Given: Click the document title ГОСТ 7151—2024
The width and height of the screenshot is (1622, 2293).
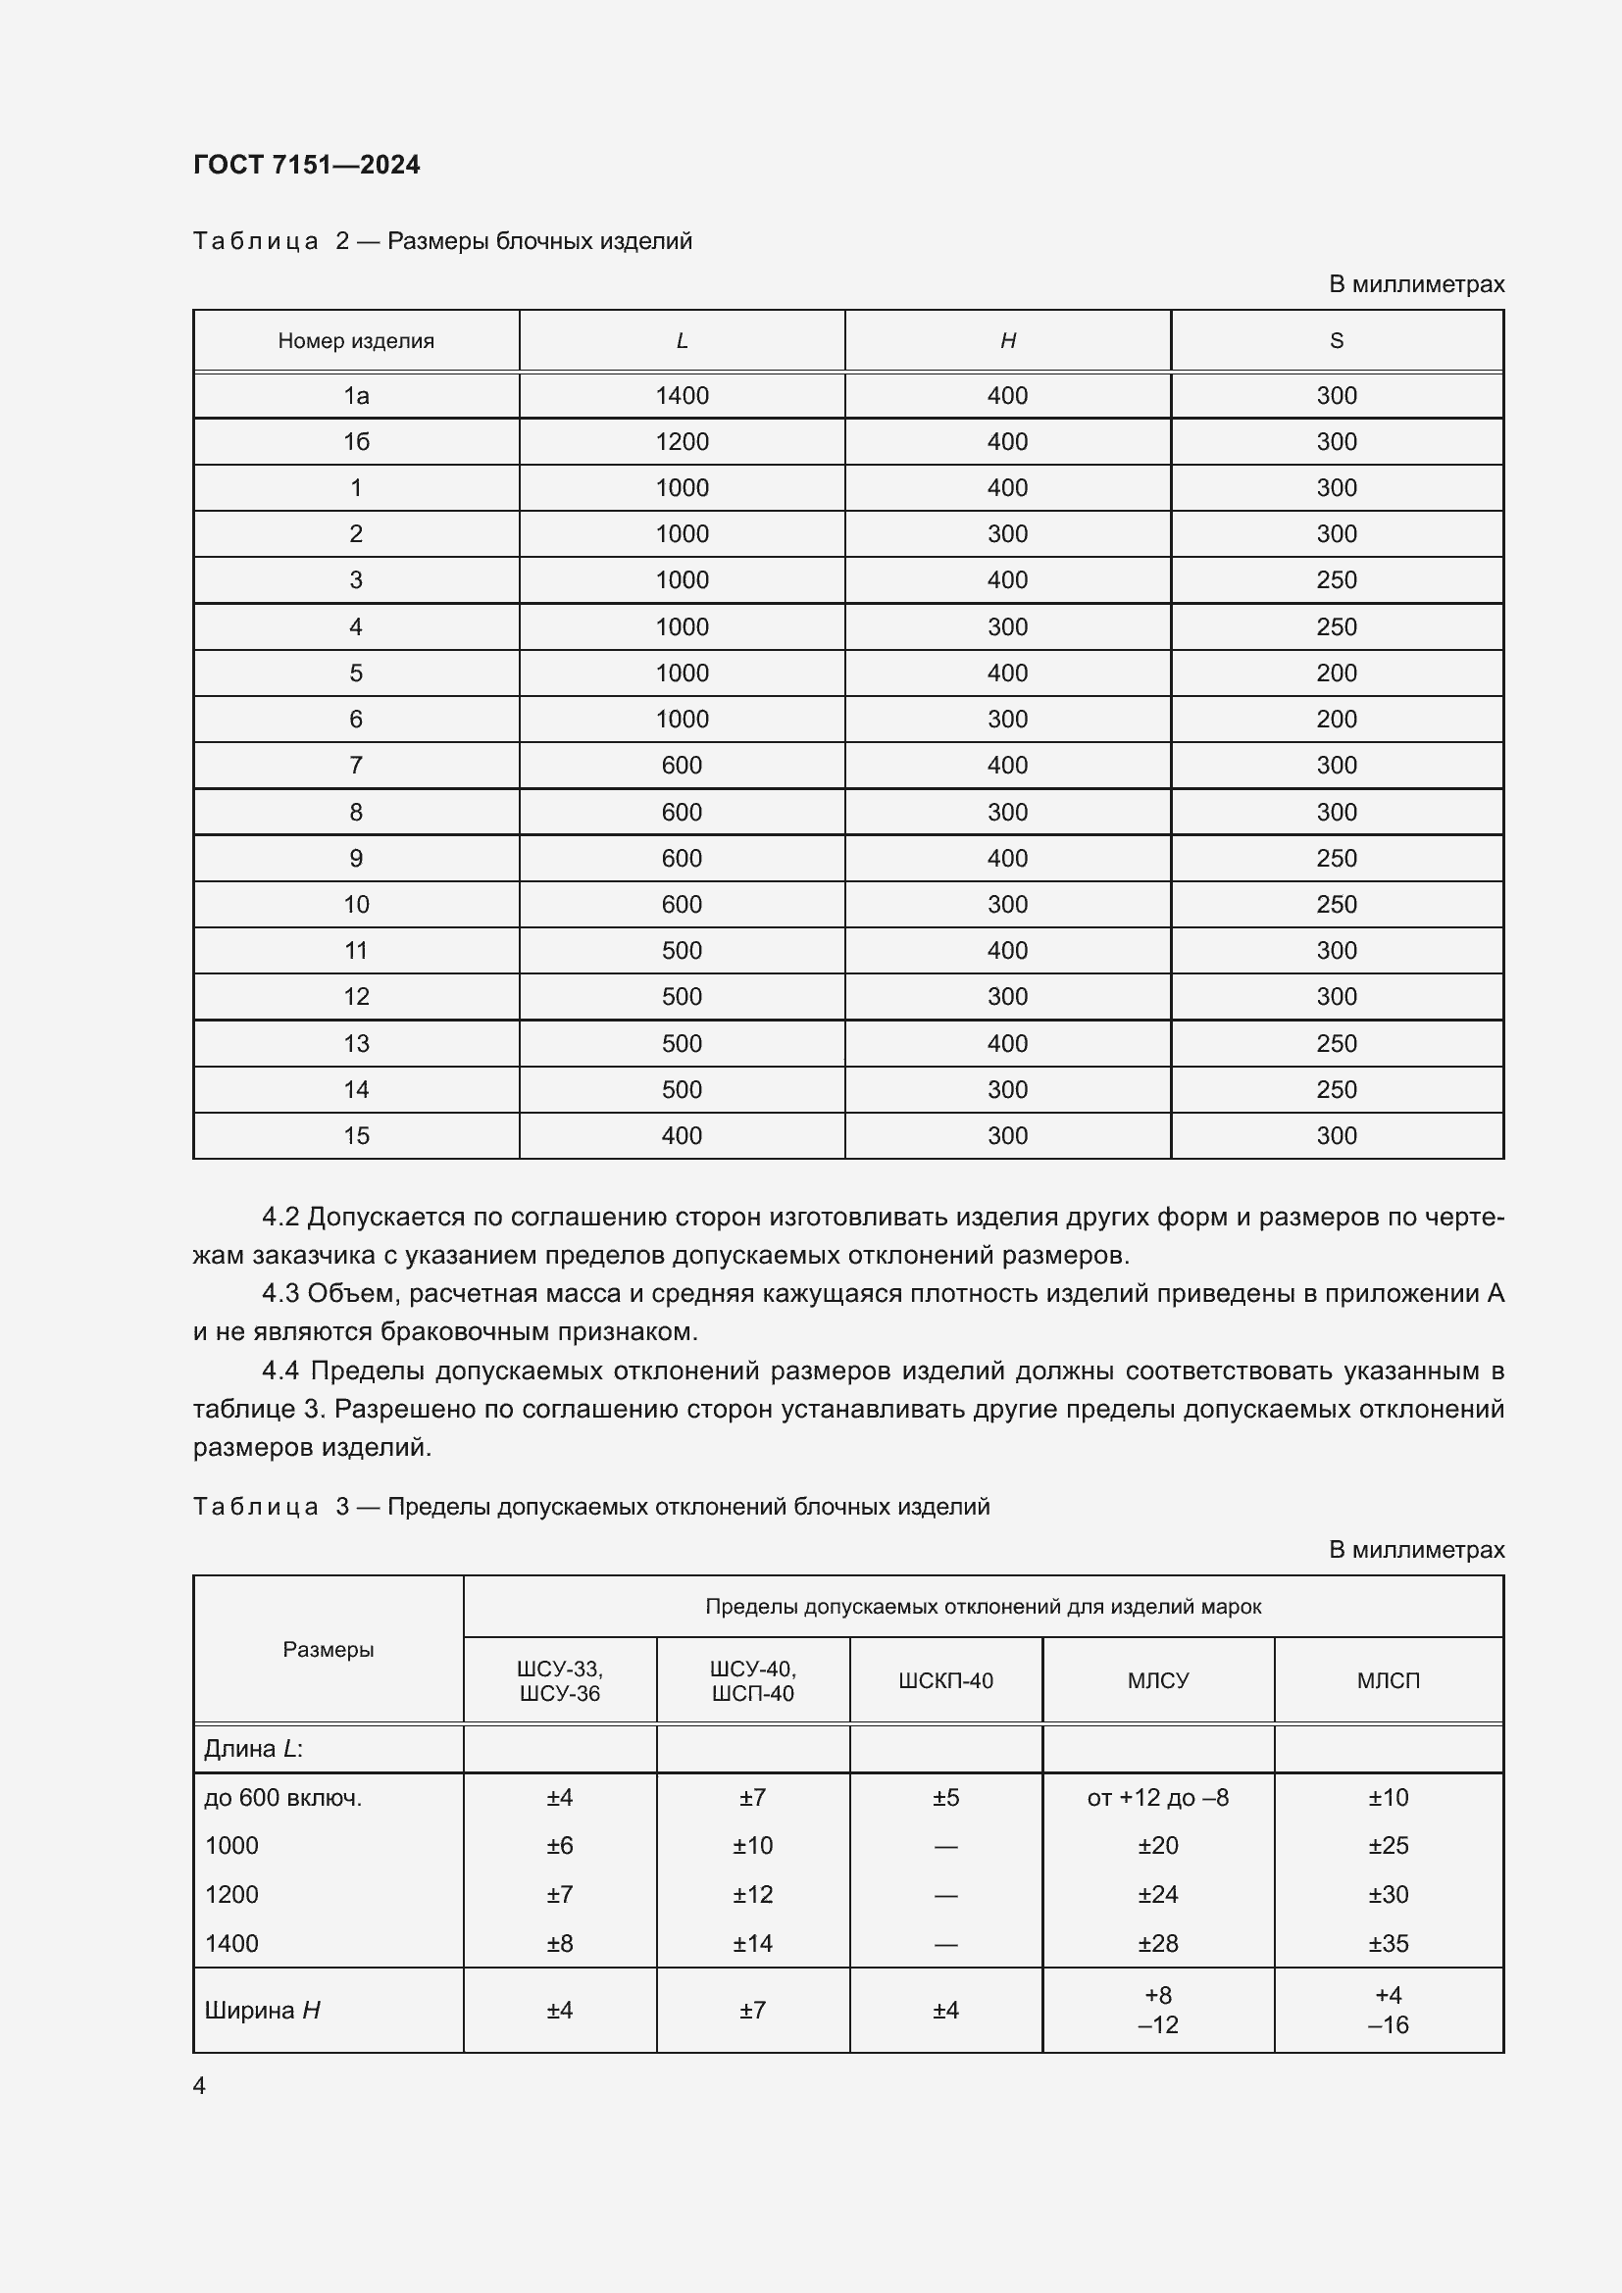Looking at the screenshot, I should [306, 165].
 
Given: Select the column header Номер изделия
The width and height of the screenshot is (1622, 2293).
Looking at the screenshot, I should [356, 340].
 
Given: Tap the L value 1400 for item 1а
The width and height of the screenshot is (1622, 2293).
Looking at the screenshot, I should [682, 395].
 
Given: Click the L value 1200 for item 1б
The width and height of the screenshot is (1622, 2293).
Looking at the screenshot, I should [682, 441].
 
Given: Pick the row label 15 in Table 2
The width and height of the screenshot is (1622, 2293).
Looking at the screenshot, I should [356, 1135].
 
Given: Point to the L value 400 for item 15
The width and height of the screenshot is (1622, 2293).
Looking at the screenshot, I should [682, 1135].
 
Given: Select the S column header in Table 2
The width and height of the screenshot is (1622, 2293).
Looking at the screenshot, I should [1337, 340].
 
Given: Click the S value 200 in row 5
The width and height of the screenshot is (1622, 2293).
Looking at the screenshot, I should [1337, 673].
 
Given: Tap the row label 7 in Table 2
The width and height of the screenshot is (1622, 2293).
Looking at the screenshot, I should [356, 765].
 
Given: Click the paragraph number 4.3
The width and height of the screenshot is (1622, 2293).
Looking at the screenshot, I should [280, 1293].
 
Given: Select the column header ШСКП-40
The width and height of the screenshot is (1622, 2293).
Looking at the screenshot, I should [944, 1681].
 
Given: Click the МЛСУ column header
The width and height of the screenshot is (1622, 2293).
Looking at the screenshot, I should [1157, 1681].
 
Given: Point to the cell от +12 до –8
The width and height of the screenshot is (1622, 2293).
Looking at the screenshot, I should [1157, 1798].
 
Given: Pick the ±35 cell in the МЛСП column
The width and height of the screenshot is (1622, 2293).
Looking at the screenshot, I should [1389, 1943].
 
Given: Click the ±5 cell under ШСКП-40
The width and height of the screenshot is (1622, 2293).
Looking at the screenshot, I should [944, 1798].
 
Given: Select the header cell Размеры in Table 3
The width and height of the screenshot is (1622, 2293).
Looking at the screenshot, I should [328, 1650].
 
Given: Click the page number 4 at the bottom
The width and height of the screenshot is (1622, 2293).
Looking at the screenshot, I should [199, 2086].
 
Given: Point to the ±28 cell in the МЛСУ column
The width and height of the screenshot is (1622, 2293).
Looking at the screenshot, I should [1157, 1943].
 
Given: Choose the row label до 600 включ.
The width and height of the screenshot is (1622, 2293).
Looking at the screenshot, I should [282, 1798].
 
